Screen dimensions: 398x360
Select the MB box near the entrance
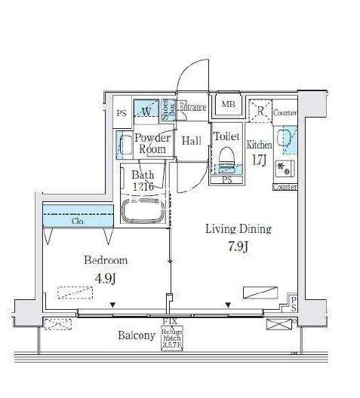point(226,106)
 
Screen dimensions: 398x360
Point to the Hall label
point(191,141)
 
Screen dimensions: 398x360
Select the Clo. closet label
point(78,222)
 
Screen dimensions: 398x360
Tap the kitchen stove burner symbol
point(285,167)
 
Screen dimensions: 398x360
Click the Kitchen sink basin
point(285,138)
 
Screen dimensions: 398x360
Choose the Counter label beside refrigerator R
point(284,113)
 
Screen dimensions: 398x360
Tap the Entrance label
point(193,108)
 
